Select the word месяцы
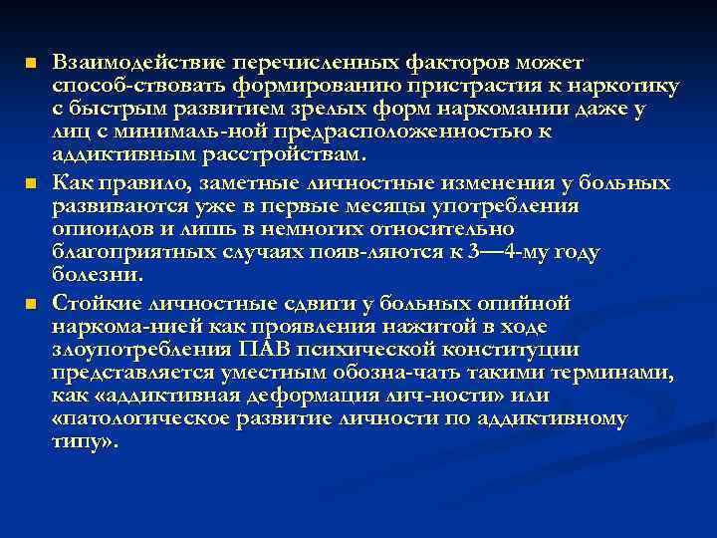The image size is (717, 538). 392,206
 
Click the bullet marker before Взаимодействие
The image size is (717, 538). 31,64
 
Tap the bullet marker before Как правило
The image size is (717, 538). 31,184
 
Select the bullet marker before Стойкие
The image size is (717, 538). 31,304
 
